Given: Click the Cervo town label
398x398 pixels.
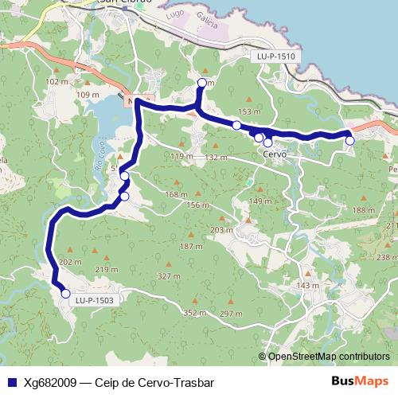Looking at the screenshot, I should point(274,154).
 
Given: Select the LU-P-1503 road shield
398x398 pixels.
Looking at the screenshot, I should point(95,300).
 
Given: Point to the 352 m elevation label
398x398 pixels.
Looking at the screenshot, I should point(195,314).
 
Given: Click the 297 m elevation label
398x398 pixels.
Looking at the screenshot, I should point(231,314).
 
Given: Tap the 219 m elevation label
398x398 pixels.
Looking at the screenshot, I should point(106,270).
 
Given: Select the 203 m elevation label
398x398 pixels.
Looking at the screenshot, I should point(220,229).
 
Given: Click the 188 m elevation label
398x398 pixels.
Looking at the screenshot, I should point(364,210).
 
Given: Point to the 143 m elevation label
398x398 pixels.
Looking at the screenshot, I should point(307,286).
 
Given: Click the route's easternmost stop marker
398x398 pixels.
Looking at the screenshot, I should point(349,141).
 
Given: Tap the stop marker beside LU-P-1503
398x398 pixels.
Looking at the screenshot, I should point(65,294).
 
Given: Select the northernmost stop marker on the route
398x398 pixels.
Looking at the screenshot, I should point(201,83).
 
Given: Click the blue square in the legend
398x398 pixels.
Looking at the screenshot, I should point(11,382).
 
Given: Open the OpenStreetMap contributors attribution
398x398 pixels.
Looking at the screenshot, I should point(329,356).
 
